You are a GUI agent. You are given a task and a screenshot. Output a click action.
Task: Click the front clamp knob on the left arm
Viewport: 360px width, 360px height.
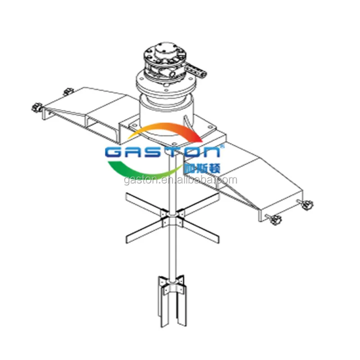click(36, 108)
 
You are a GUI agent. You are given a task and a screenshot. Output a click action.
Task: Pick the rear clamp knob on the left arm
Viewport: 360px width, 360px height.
click(68, 92)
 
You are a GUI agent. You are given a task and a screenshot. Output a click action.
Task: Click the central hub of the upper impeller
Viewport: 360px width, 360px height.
click(173, 220)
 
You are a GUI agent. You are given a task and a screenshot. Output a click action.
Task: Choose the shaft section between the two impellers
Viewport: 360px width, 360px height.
click(172, 254)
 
